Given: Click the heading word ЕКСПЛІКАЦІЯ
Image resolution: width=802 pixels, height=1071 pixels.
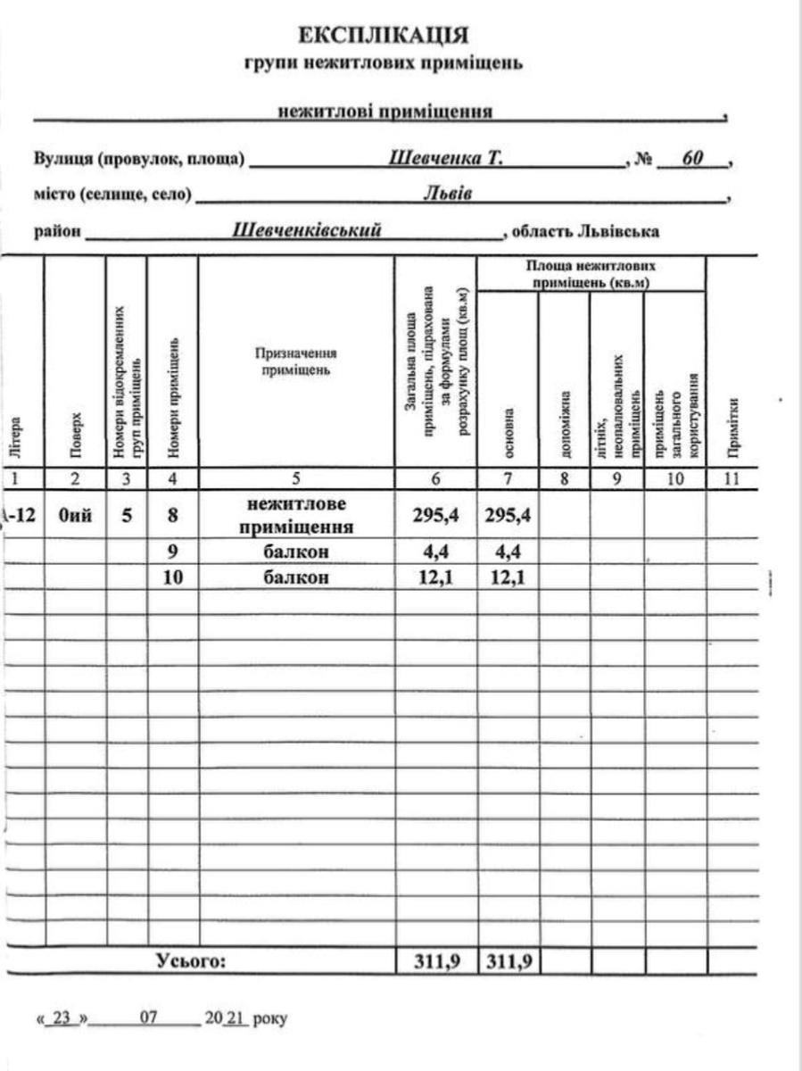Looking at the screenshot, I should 383,36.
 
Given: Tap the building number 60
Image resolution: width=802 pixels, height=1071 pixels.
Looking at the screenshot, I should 692,159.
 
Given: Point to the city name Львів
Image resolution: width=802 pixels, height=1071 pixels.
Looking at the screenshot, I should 447,194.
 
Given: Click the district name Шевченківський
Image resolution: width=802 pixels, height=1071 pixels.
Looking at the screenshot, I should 307,230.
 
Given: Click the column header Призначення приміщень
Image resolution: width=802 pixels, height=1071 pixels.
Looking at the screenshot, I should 295,360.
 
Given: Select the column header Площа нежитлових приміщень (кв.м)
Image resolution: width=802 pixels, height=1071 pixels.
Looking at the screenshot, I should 591,274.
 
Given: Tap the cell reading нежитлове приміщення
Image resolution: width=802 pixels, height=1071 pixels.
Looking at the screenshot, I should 295,515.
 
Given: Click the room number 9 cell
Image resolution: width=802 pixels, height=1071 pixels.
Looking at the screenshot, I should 173,552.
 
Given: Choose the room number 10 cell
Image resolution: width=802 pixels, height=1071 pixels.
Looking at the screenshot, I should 173,577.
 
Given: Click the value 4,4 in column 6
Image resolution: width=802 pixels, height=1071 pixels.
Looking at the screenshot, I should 435,552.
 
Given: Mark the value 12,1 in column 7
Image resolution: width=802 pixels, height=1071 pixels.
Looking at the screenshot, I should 508,577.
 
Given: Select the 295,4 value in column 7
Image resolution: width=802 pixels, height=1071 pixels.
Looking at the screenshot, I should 508,515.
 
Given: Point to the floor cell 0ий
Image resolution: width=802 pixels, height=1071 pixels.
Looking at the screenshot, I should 75,515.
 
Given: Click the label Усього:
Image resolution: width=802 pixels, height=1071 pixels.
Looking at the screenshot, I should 192,961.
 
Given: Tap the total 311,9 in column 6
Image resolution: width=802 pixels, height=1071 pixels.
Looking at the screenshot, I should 435,961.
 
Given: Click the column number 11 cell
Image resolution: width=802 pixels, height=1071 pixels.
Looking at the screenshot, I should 732,479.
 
